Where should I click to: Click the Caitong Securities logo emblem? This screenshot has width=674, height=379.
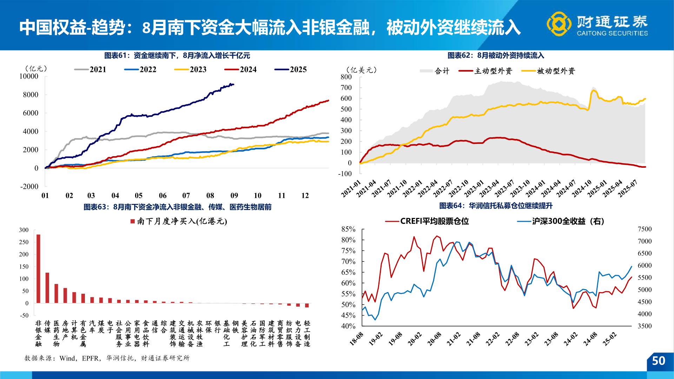click(559, 24)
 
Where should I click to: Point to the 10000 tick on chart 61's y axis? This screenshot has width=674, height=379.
click(29, 76)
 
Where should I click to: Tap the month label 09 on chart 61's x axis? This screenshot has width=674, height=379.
click(234, 195)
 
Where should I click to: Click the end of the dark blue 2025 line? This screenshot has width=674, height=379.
click(233, 85)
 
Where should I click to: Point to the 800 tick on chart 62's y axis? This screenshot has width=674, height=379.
click(346, 77)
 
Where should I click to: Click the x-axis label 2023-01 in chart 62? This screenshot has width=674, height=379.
click(475, 188)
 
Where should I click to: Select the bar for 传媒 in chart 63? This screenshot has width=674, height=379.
click(47, 287)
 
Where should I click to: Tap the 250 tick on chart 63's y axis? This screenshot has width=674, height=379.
click(24, 242)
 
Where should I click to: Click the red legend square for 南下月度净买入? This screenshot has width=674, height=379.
click(133, 221)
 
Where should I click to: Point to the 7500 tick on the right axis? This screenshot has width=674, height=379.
click(645, 229)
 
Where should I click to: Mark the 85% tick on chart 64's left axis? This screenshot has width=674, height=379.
click(348, 229)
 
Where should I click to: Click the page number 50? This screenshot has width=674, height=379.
click(658, 361)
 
